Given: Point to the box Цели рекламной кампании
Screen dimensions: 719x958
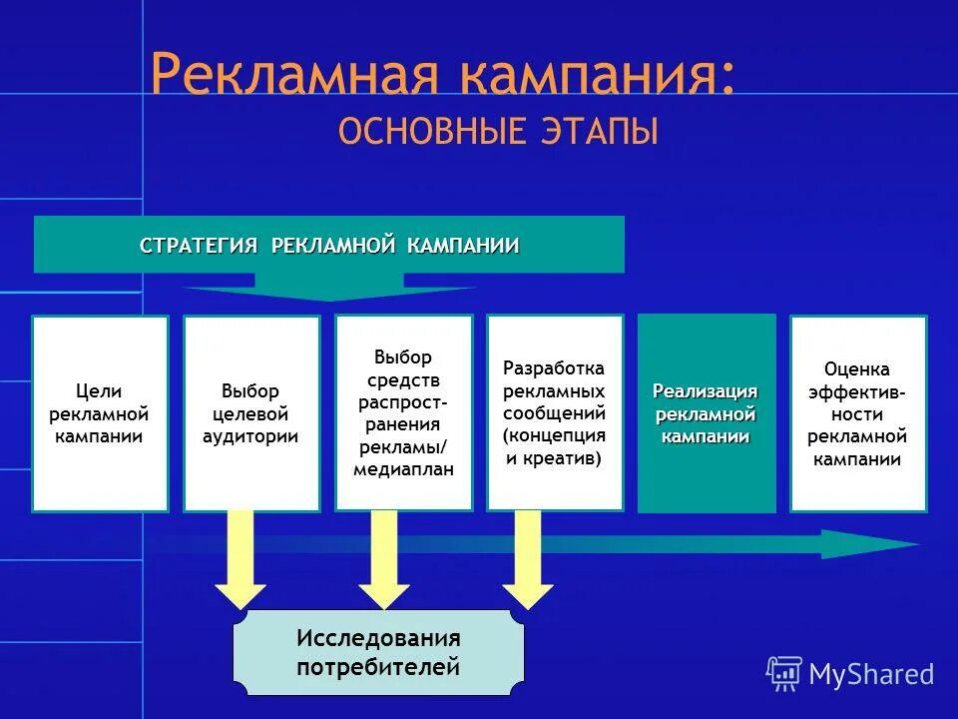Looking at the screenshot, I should (100, 413).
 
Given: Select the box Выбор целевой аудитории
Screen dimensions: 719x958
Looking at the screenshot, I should (251, 413).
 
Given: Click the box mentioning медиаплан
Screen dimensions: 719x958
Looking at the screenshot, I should (403, 412).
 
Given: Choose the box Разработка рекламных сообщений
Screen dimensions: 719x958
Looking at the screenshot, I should (555, 412).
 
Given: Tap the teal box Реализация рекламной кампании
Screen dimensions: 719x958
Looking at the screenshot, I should (706, 413).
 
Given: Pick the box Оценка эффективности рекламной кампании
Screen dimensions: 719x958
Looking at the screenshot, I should (857, 413).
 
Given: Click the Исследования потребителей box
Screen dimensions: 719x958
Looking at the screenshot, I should (378, 652).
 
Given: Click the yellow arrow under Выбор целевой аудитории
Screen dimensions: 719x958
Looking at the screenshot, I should (240, 559).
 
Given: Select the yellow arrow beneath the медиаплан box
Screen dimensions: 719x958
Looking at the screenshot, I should (384, 559).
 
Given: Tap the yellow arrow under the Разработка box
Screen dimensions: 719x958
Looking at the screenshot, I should (528, 559).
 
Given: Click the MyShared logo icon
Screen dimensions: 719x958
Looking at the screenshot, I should (784, 673).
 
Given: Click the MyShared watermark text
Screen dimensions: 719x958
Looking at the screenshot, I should (871, 674).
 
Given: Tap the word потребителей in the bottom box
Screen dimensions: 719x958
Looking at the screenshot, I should (378, 666).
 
